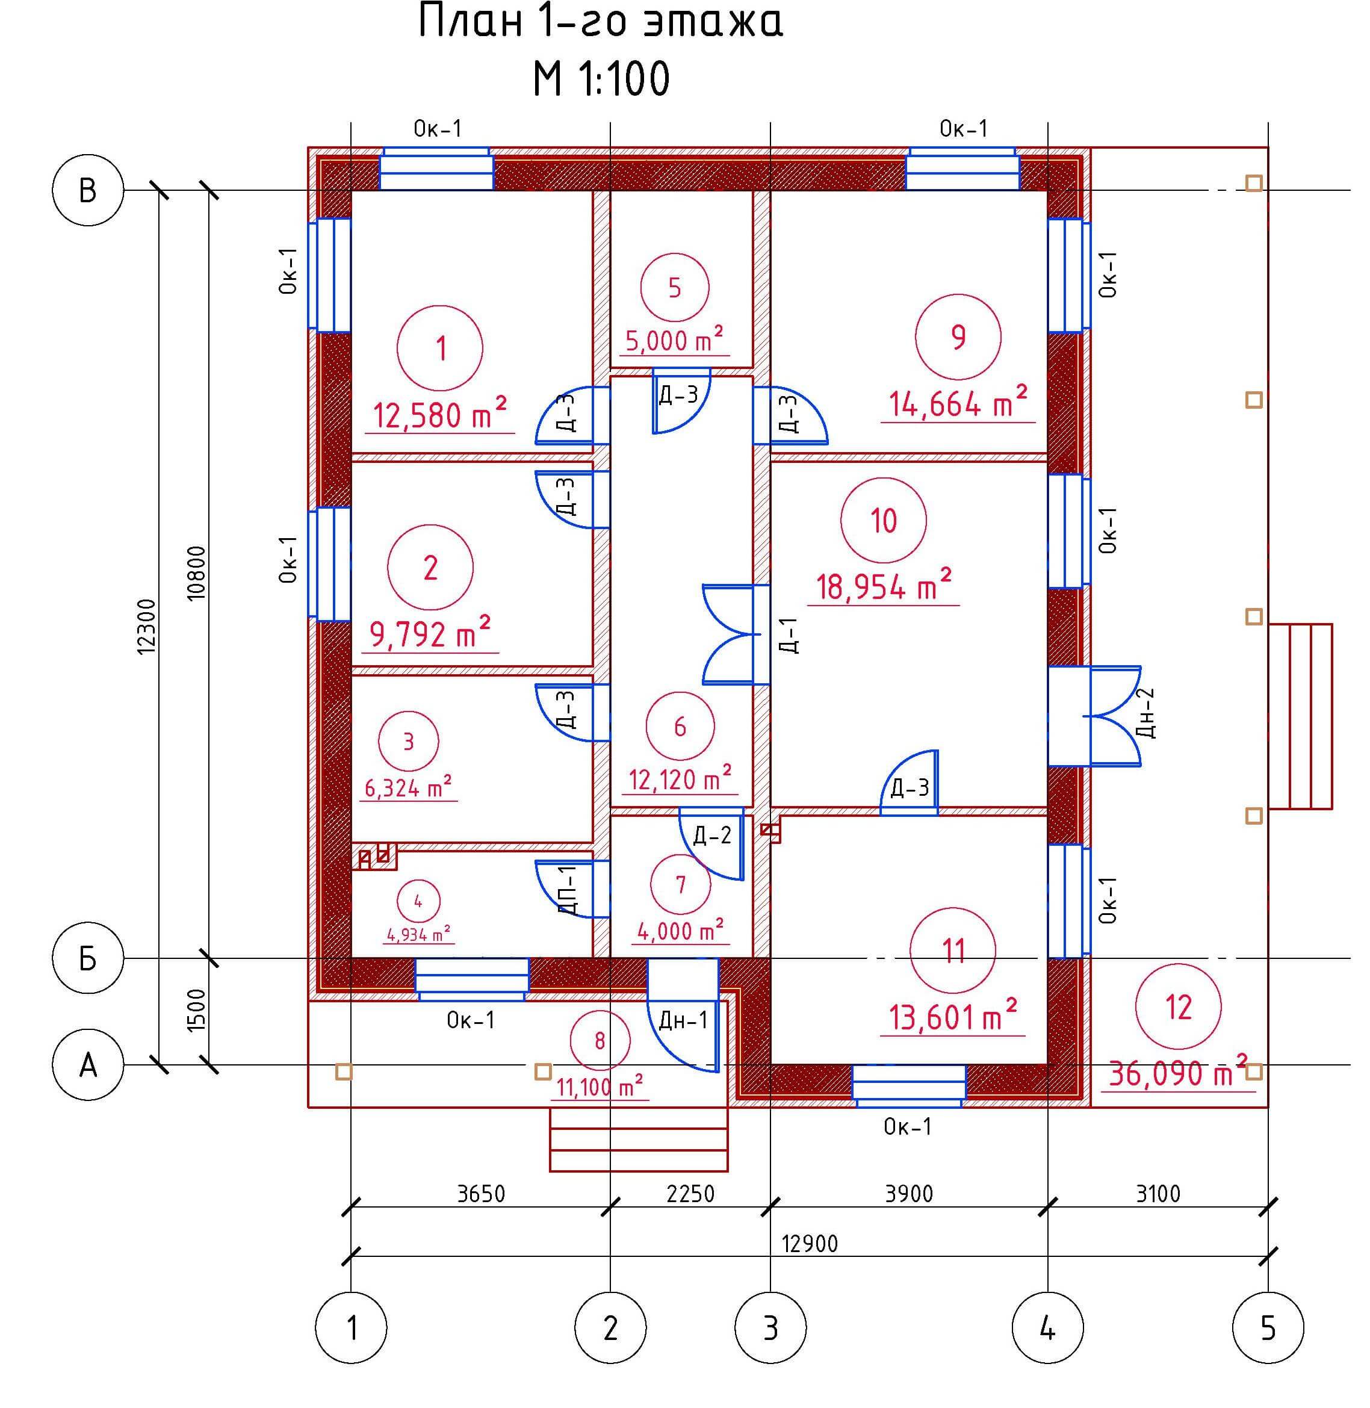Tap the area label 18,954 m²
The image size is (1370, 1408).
tap(884, 586)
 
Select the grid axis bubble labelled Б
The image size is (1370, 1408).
tap(88, 958)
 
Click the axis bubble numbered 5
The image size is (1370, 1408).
tap(1268, 1328)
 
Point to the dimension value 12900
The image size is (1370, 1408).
tap(810, 1243)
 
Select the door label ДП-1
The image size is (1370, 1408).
tap(568, 889)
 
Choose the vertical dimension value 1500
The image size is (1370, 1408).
tap(196, 1010)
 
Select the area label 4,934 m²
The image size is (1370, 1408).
tap(419, 935)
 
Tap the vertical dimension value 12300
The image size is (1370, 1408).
tap(146, 626)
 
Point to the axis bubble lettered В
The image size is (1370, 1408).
tap(88, 191)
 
